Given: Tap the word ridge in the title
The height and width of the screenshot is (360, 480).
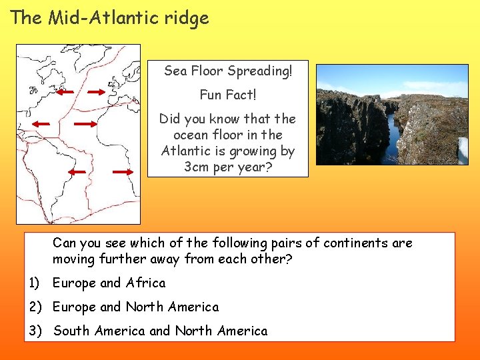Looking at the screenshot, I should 190,19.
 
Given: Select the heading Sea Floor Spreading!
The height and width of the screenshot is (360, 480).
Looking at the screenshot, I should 228,71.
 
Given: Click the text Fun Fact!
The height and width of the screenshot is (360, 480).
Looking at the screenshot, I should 228,95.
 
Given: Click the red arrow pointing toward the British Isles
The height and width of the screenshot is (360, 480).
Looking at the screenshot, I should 97,93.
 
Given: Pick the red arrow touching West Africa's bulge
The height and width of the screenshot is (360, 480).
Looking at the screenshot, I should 85,124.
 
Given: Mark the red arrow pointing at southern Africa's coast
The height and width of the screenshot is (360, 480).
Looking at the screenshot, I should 123,171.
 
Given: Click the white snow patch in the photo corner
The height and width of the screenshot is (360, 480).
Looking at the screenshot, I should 463,151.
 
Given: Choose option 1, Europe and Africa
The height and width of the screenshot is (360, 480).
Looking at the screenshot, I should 109,283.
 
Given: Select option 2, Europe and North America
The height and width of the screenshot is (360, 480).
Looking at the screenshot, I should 135,307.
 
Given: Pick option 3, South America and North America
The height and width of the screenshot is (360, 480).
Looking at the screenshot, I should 160,331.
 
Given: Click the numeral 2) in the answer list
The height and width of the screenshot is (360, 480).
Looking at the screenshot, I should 36,307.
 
